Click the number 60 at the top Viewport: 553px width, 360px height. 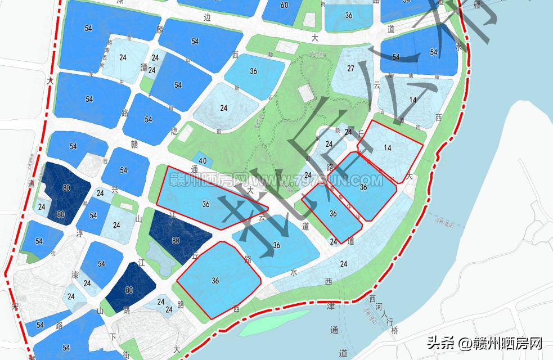pyautogui.click(x=284, y=5)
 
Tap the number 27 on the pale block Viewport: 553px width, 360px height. pyautogui.click(x=350, y=69)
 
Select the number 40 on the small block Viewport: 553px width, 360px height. pyautogui.click(x=203, y=161)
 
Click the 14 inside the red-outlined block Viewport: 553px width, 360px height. pyautogui.click(x=387, y=147)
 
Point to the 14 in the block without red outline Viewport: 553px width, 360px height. pyautogui.click(x=413, y=100)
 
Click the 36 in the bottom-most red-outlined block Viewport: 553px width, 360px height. pyautogui.click(x=215, y=280)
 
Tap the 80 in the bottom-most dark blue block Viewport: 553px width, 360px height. pyautogui.click(x=129, y=290)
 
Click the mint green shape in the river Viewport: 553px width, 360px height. pyautogui.click(x=275, y=322)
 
